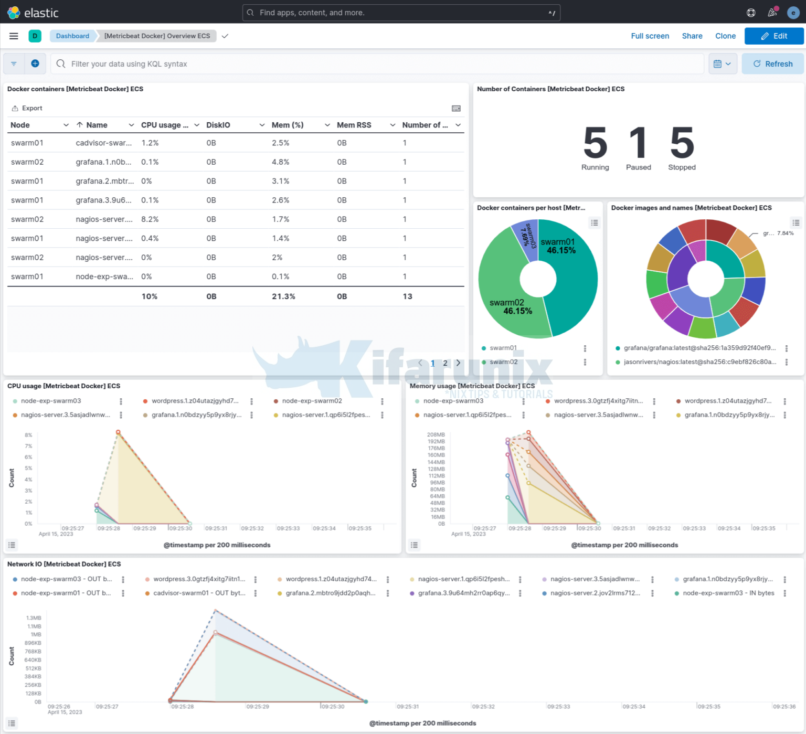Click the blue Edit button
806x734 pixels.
(774, 36)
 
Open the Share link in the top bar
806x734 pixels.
(692, 36)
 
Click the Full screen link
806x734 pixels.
(650, 36)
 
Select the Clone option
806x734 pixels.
(725, 36)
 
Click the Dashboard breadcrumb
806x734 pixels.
(72, 36)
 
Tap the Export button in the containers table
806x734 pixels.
(27, 108)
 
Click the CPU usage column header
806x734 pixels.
(164, 125)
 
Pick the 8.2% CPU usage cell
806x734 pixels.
(150, 219)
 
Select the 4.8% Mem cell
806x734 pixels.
(281, 162)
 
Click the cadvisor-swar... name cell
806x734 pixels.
(103, 143)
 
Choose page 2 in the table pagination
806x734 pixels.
(445, 363)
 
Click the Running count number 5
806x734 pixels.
(595, 143)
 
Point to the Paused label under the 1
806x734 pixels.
(638, 167)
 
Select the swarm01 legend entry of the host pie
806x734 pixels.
(503, 348)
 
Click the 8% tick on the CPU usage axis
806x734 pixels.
(28, 435)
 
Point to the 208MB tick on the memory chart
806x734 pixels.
(436, 435)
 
